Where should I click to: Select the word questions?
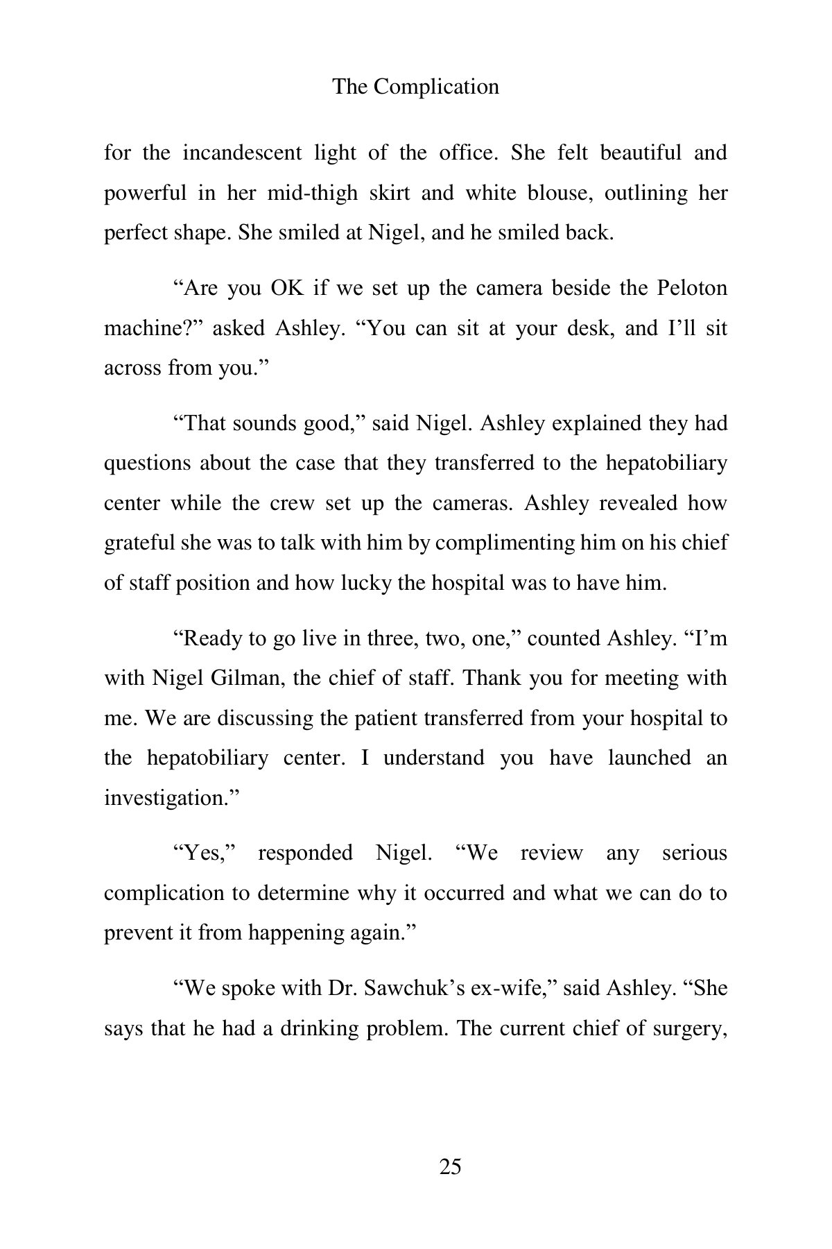146,463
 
